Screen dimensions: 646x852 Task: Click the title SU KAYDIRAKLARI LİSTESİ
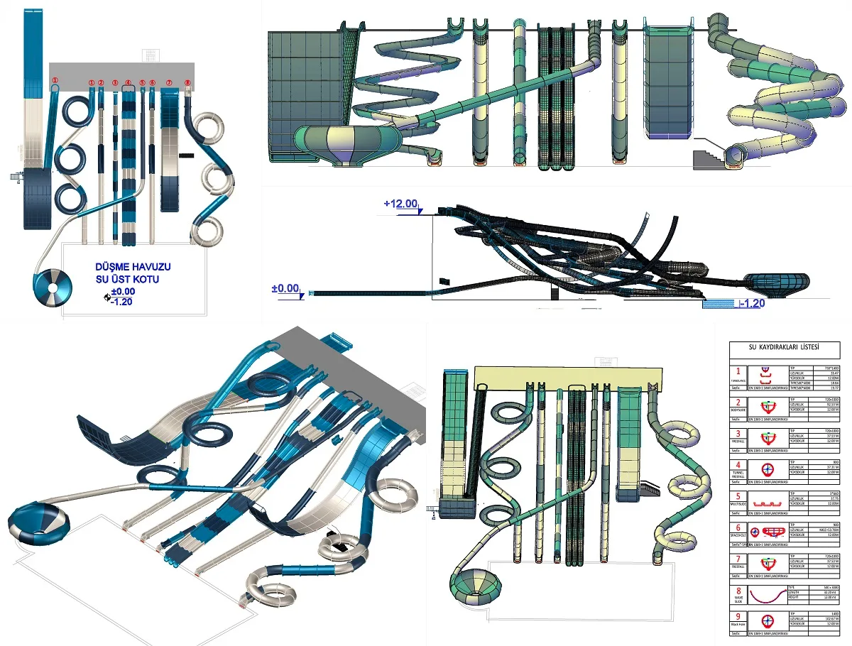click(x=784, y=348)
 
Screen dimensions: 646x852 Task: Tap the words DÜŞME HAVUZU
click(x=133, y=267)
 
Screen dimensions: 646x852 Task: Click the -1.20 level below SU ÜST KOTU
click(x=122, y=301)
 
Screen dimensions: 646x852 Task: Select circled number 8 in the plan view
click(x=187, y=83)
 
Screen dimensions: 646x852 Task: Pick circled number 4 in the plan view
click(x=128, y=83)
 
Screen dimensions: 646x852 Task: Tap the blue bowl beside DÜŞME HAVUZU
click(x=53, y=286)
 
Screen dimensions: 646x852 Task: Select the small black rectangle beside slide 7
click(x=187, y=153)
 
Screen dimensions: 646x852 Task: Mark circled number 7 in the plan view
click(x=169, y=83)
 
